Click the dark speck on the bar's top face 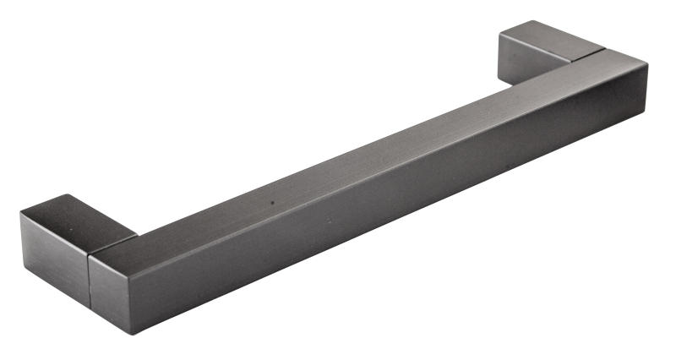[273, 203]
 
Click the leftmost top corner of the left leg [20, 213]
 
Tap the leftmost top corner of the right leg [499, 35]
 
